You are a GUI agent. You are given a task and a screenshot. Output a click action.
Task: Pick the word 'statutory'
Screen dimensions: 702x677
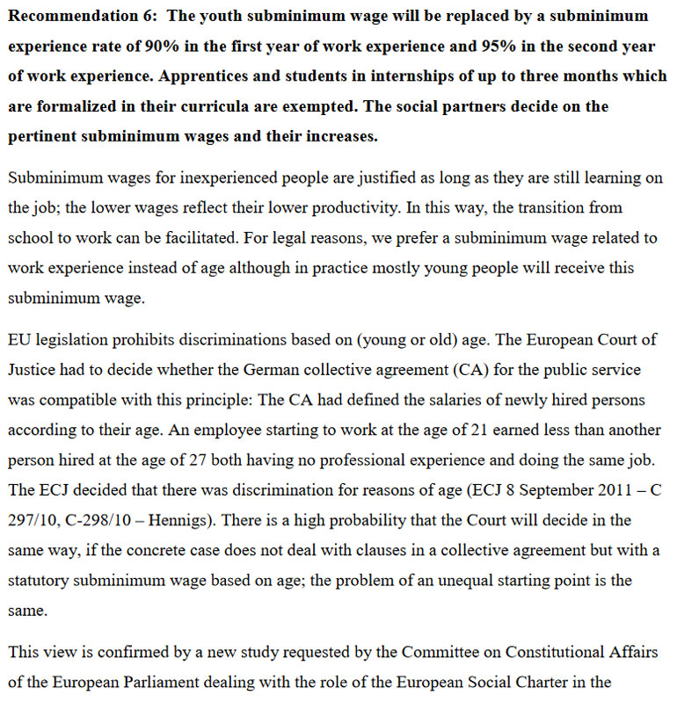coord(38,579)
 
